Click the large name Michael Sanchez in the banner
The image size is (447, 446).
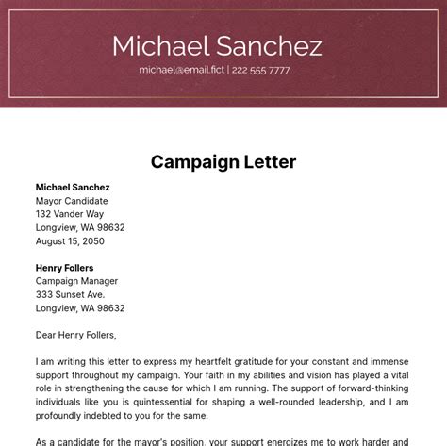point(217,45)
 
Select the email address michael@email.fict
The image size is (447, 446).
point(181,70)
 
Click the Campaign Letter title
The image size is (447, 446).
point(223,161)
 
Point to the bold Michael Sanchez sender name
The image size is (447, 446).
point(73,188)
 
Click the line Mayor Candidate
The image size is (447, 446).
point(72,201)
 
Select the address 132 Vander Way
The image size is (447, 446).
point(70,214)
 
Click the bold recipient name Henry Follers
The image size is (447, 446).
point(65,268)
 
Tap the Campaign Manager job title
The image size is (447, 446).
point(76,281)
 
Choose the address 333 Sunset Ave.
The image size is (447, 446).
point(71,294)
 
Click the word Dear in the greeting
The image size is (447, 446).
point(47,335)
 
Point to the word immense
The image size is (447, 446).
point(389,361)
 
